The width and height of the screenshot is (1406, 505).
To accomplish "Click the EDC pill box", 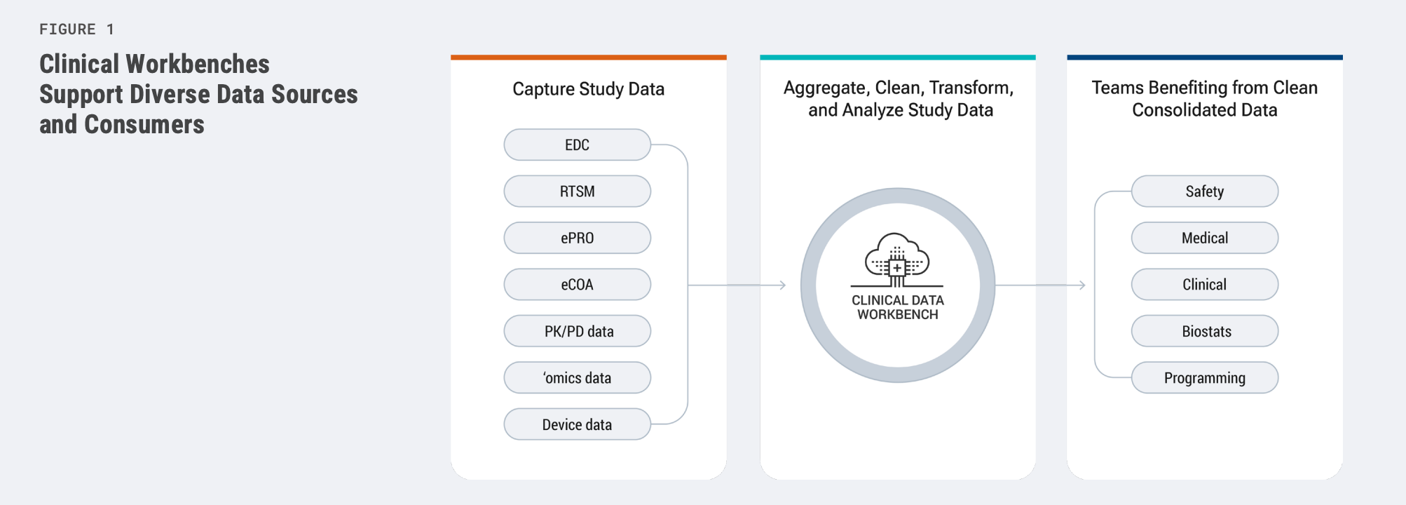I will click(x=577, y=145).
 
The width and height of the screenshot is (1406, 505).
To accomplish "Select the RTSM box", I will click(x=577, y=191).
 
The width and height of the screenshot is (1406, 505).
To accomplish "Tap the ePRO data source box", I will click(x=577, y=238).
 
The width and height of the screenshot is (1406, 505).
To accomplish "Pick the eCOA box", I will click(x=577, y=285).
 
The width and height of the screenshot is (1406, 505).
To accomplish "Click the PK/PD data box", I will click(x=577, y=331).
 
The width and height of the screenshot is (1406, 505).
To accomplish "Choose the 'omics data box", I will click(x=577, y=378).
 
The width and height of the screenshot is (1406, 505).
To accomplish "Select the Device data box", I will click(x=577, y=424).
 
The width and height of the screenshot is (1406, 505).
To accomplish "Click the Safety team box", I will click(x=1204, y=191).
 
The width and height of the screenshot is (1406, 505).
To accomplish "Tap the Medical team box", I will click(x=1204, y=238).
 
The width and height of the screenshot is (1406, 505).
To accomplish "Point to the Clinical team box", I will click(x=1204, y=285).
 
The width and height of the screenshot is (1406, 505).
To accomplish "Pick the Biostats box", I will click(x=1204, y=331).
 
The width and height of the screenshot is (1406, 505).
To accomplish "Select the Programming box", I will click(x=1204, y=378).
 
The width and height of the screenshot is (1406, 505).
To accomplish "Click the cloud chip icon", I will click(x=897, y=260).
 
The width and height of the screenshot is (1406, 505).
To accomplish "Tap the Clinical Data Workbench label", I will click(x=897, y=307).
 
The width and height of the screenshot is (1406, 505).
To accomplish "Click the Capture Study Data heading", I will click(x=588, y=89).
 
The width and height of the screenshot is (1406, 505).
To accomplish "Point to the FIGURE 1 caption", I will click(x=76, y=29).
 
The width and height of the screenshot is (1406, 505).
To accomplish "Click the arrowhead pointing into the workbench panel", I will click(x=782, y=285).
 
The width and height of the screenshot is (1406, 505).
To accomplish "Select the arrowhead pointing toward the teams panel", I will click(x=1082, y=285).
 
